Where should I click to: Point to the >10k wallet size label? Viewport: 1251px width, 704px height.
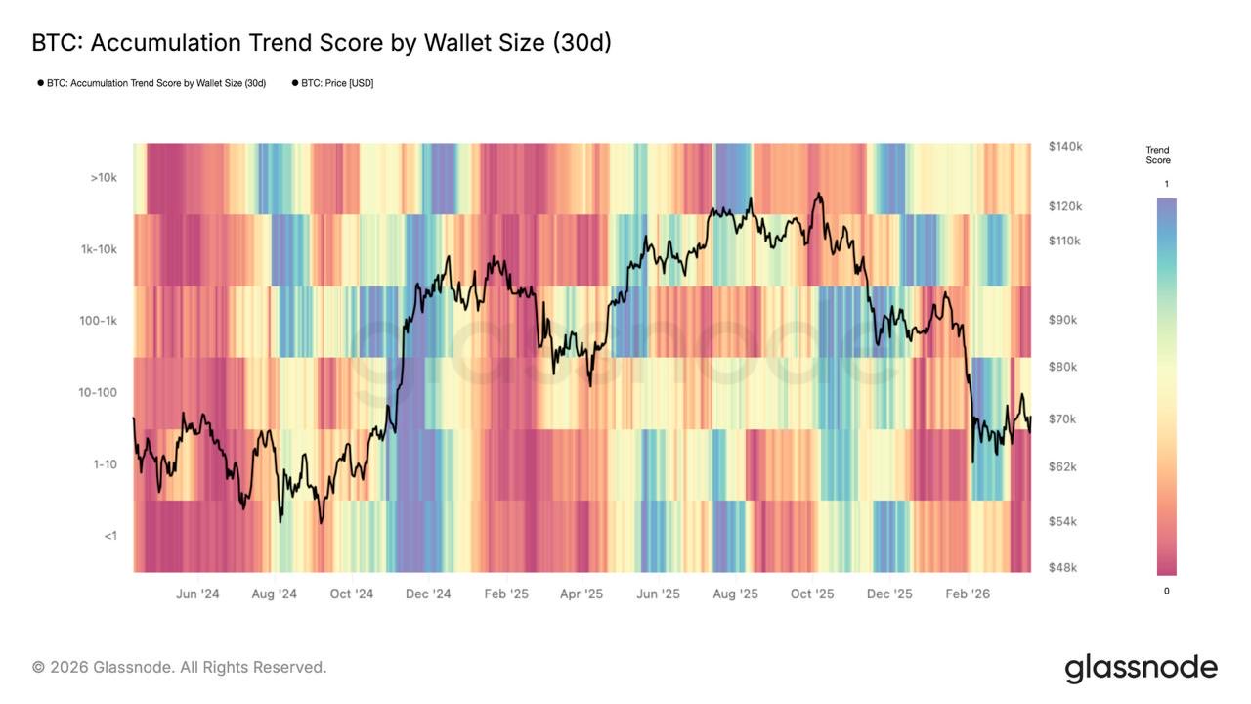coord(104,178)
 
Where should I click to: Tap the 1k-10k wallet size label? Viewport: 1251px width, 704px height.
coord(99,249)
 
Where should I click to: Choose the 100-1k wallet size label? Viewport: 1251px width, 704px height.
coord(98,321)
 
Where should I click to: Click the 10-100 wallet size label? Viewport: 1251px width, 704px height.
coord(98,392)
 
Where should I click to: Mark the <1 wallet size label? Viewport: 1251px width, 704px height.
coord(109,535)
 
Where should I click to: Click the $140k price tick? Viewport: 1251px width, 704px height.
coord(1065,146)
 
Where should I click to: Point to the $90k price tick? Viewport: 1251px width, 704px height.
coord(1063,320)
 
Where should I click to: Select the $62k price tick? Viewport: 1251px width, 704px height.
coord(1063,466)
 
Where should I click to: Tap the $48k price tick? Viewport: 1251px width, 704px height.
coord(1063,567)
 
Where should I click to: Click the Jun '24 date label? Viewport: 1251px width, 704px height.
coord(197,594)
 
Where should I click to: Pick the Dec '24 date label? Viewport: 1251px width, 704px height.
coord(428,594)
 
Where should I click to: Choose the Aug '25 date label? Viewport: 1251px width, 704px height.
coord(735,594)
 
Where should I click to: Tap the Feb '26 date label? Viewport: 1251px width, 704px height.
coord(968,594)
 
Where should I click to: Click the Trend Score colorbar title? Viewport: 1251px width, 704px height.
coord(1158,154)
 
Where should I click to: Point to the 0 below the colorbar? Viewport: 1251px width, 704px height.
coord(1166,591)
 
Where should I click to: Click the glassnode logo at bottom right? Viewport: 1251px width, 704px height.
coord(1141,668)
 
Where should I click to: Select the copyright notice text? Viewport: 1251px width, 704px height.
coord(179,667)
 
